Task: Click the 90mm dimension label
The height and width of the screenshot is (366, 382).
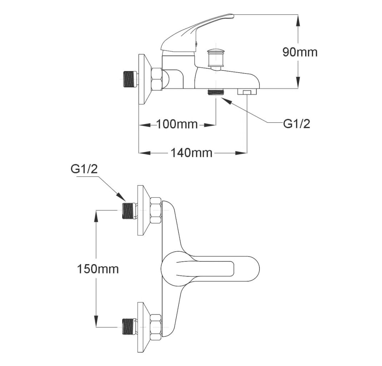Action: (300, 52)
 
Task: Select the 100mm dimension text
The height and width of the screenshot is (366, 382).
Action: (177, 124)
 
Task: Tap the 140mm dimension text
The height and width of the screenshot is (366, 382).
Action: (191, 153)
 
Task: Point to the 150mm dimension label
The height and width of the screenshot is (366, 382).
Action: (98, 269)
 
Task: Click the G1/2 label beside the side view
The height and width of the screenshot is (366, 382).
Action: (297, 124)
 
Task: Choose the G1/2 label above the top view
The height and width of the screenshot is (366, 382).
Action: (84, 169)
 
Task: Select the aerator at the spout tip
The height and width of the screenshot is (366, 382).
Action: (247, 91)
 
